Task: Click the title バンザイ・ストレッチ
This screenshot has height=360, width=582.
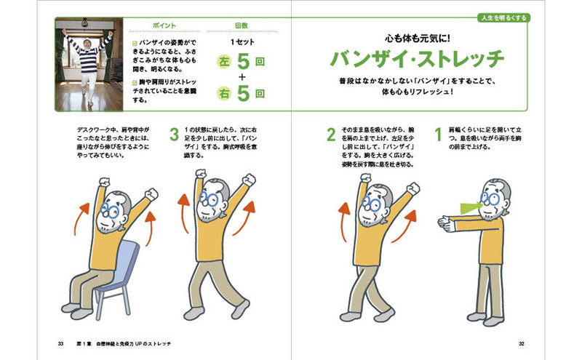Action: coord(417,59)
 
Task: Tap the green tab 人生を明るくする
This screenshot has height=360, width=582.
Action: coord(503,17)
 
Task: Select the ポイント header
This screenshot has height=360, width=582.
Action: coord(164,25)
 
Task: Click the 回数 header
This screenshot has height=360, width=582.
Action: coord(242,25)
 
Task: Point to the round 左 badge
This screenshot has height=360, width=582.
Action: coord(224,62)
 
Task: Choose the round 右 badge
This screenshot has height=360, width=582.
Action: coord(224,94)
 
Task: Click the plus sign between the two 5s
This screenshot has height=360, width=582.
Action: coord(242,77)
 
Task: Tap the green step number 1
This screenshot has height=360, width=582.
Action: coord(439,135)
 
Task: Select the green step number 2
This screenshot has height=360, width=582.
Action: coord(331,135)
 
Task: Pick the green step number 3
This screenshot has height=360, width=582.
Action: coord(174,135)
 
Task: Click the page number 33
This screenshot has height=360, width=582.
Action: coord(60,344)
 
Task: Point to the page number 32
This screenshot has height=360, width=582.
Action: coord(522,344)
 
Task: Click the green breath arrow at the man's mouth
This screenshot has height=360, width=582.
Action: coord(471,208)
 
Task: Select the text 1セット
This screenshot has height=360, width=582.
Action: coord(242,42)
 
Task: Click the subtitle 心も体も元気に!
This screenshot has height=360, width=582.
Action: coord(417,38)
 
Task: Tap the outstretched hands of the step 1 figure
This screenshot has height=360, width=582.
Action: coord(446,224)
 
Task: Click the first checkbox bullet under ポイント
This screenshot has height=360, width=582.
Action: coord(135,44)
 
